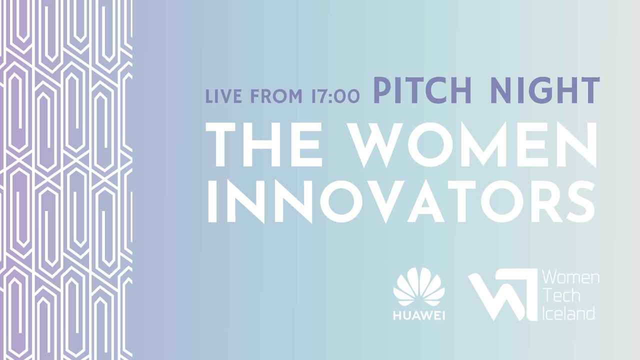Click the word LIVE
[x=223, y=96]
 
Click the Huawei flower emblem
[x=419, y=287]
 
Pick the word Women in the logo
[x=570, y=277]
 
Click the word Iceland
[x=568, y=313]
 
